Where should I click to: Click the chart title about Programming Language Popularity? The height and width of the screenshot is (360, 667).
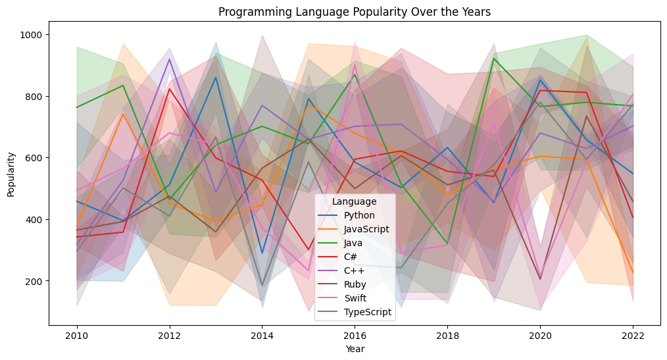click(x=355, y=12)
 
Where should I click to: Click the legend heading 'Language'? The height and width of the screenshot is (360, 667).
click(x=354, y=201)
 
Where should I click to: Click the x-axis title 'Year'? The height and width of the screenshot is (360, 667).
click(x=355, y=349)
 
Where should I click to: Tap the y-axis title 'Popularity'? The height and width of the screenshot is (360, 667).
click(x=11, y=174)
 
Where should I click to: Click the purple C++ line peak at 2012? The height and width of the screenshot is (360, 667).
click(x=170, y=59)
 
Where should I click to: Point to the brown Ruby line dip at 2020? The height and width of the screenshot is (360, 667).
click(x=541, y=279)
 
